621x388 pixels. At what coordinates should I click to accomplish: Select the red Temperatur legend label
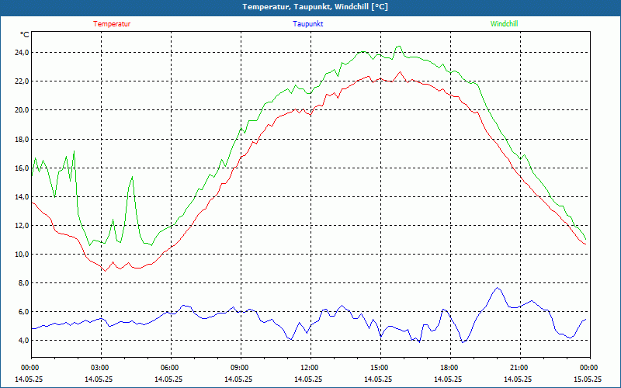click(112, 24)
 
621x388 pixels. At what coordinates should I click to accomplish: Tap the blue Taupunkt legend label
click(308, 24)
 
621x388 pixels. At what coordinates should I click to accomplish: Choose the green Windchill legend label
click(504, 24)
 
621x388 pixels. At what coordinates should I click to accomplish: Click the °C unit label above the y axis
click(25, 35)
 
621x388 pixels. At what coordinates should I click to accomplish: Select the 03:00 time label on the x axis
click(100, 368)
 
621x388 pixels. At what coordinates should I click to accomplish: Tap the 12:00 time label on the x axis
click(310, 368)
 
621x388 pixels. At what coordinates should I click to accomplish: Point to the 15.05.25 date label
click(588, 379)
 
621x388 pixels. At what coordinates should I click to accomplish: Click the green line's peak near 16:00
click(399, 47)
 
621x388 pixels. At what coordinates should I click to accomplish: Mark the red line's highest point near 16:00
click(401, 73)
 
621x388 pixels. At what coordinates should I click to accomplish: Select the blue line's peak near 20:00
click(498, 288)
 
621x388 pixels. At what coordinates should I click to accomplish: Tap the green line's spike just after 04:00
click(132, 178)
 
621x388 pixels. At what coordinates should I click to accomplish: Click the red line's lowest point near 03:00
click(103, 270)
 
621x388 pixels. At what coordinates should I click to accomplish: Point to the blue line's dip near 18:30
click(463, 341)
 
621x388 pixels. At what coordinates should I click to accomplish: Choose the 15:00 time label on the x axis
click(380, 368)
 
